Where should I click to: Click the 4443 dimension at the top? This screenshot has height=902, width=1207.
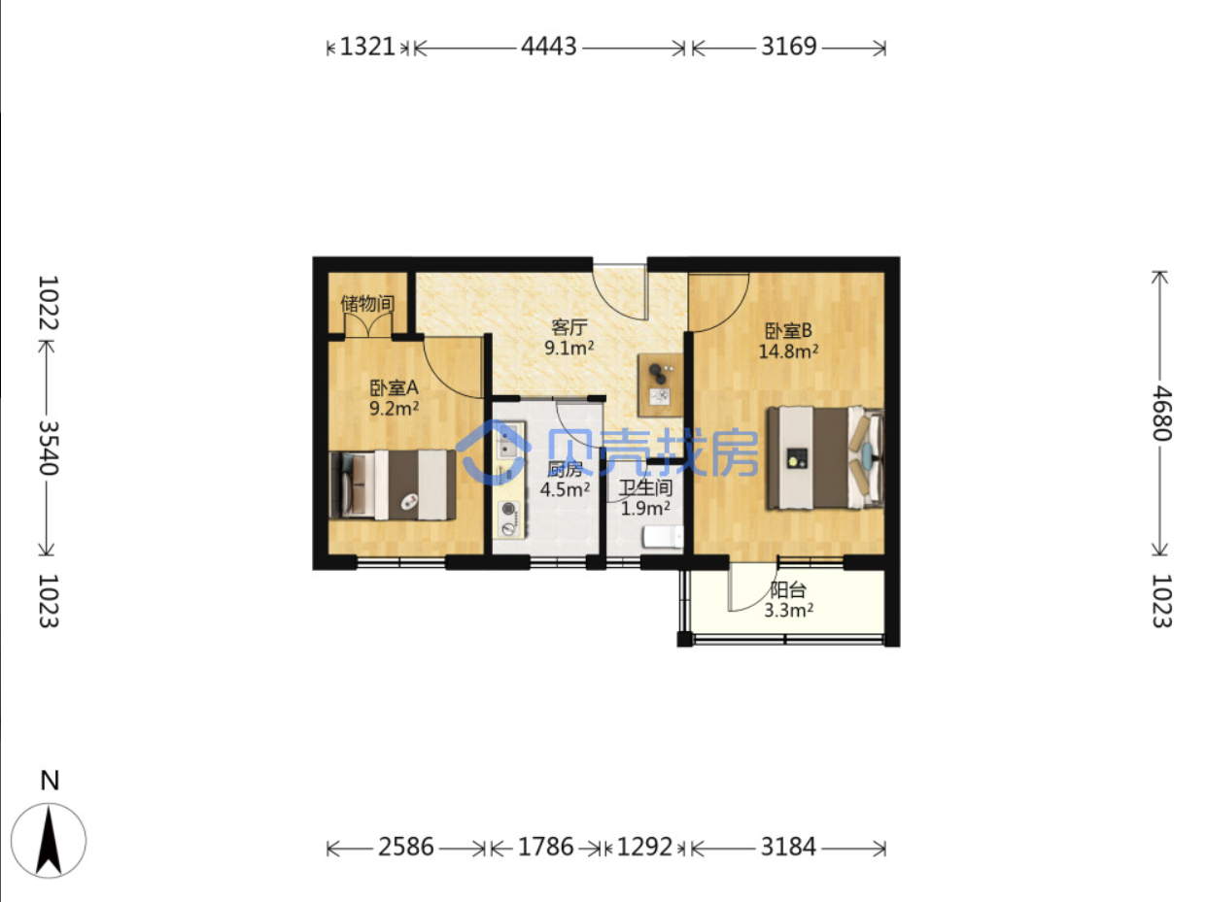pyautogui.click(x=548, y=47)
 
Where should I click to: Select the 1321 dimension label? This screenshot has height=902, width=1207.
pyautogui.click(x=367, y=47)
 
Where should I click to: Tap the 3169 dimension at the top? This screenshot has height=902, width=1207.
pyautogui.click(x=788, y=47)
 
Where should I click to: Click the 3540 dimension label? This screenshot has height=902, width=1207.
pyautogui.click(x=49, y=448)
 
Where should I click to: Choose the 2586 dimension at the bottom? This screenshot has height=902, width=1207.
pyautogui.click(x=406, y=847)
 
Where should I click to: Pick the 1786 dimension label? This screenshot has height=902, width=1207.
pyautogui.click(x=545, y=847)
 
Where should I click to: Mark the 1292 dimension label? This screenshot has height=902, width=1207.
pyautogui.click(x=644, y=847)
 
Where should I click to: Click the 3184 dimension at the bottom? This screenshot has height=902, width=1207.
pyautogui.click(x=788, y=847)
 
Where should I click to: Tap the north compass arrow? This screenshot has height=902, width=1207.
pyautogui.click(x=49, y=840)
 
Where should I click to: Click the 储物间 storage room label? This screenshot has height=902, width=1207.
pyautogui.click(x=367, y=303)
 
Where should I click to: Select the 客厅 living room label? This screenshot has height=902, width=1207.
pyautogui.click(x=569, y=327)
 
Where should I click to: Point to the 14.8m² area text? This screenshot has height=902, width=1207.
pyautogui.click(x=788, y=351)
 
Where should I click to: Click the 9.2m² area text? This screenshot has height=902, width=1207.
pyautogui.click(x=394, y=408)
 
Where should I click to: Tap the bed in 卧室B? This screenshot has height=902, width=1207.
pyautogui.click(x=825, y=457)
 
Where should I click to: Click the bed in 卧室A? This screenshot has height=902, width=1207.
pyautogui.click(x=393, y=484)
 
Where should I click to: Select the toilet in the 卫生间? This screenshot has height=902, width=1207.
pyautogui.click(x=663, y=536)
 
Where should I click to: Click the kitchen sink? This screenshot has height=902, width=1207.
pyautogui.click(x=507, y=441)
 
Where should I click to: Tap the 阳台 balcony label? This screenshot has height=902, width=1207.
pyautogui.click(x=787, y=589)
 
